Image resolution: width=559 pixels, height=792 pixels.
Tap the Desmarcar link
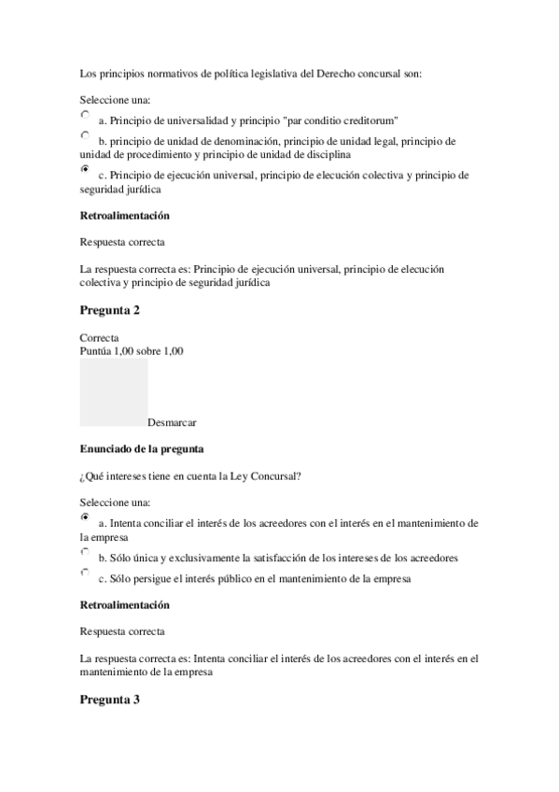tap(172, 422)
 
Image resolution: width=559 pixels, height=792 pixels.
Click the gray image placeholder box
tap(114, 392)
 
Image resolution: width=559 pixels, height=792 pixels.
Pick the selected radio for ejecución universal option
tap(85, 169)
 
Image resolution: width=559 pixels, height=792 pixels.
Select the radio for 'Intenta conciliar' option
tap(85, 516)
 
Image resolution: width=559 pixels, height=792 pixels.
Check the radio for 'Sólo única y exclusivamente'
tap(85, 552)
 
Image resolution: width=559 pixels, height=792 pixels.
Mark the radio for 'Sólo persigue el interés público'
tap(85, 573)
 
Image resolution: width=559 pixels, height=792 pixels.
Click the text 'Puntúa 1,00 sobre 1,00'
tap(132, 351)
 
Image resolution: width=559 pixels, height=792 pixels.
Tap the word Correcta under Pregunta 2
tap(99, 338)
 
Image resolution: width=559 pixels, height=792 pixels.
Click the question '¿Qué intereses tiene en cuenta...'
tap(190, 476)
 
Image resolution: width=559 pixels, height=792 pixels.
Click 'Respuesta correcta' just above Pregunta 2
tap(122, 243)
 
